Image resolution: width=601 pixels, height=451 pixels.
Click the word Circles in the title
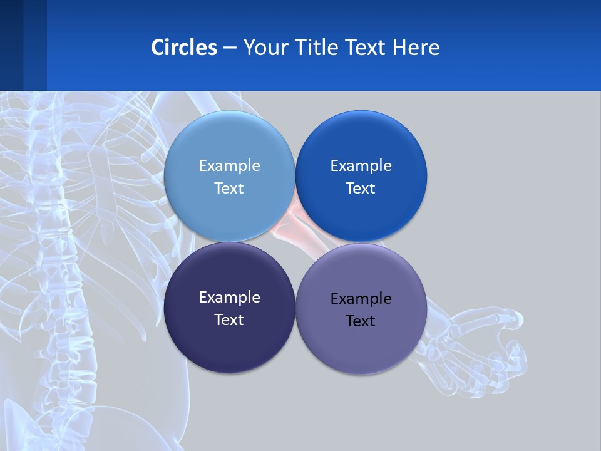point(184,48)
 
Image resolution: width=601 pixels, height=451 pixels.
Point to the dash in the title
point(230,48)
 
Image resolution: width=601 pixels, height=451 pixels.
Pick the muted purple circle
point(361,351)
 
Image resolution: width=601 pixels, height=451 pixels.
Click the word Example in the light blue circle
point(229,165)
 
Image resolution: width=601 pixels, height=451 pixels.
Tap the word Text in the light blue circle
point(229,188)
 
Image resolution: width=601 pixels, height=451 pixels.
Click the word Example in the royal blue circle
point(361,165)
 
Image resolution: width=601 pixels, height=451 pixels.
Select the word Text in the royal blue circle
point(361,188)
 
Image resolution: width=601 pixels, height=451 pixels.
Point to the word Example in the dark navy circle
point(229,297)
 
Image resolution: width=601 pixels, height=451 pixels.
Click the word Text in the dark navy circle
point(229,319)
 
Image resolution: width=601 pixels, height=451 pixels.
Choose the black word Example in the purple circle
point(361,298)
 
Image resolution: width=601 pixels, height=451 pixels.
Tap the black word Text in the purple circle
point(361,321)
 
